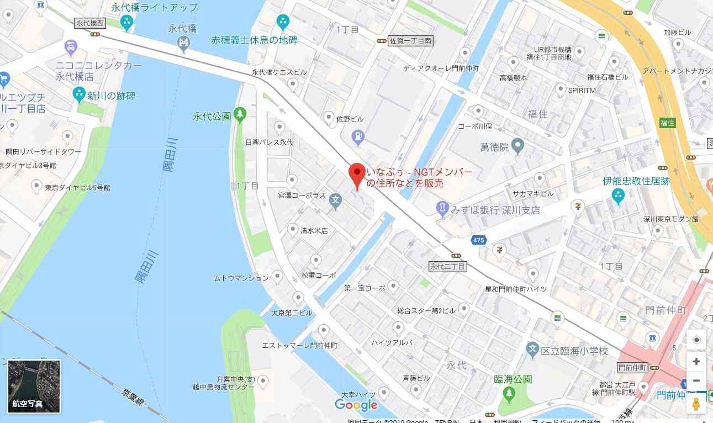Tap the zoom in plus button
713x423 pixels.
pos(696,362)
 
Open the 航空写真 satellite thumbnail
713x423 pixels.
pos(34,386)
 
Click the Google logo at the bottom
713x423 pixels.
pos(356,405)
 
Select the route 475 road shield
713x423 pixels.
pos(478,240)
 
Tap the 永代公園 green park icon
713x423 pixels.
pos(240,115)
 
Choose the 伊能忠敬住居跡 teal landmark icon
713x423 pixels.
pos(618,195)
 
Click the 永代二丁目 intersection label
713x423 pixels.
pos(448,267)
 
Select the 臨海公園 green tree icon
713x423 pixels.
pos(509,394)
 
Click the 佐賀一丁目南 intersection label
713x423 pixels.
pos(410,40)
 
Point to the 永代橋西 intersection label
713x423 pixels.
pos(89,23)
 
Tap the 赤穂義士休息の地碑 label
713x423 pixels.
pos(254,40)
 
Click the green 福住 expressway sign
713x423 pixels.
pos(668,123)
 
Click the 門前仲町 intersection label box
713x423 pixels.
pos(632,368)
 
